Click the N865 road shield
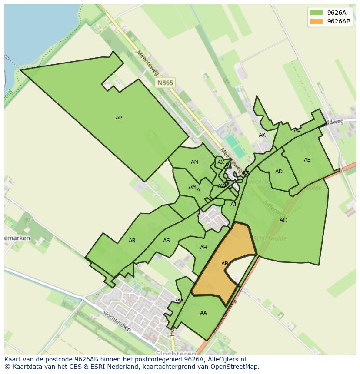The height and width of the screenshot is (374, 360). [x=165, y=83]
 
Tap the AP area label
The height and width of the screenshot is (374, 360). [x=119, y=118]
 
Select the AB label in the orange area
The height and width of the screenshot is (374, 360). [x=225, y=264]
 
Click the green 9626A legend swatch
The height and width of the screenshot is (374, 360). [x=316, y=13]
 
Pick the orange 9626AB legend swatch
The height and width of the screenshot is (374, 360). [x=316, y=21]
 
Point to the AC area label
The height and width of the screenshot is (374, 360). [x=283, y=220]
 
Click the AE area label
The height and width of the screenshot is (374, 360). [x=307, y=160]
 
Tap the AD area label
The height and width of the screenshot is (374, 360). [x=279, y=172]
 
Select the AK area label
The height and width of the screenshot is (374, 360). [x=262, y=135]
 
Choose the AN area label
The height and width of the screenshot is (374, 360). [x=194, y=162]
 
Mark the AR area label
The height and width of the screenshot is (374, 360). [x=132, y=241]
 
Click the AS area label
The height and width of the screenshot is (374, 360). [x=167, y=241]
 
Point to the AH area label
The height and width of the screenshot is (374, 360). [x=203, y=248]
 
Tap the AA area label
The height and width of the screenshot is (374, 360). [x=203, y=313]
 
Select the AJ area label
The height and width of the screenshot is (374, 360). [x=233, y=205]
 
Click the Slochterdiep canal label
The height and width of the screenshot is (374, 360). [x=117, y=320]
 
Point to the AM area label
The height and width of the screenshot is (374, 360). [x=192, y=187]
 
